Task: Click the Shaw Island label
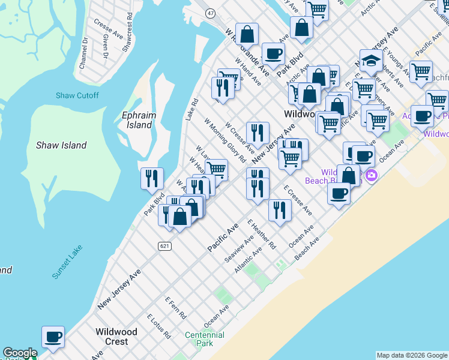(61, 145)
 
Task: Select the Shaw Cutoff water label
(77, 95)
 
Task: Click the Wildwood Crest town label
(116, 337)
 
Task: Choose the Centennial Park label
(205, 339)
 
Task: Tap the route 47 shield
(209, 13)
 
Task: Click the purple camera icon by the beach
(371, 175)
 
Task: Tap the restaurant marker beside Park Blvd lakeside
(152, 178)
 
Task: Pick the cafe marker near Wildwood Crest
(53, 337)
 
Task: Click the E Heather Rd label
(262, 234)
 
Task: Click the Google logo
(20, 353)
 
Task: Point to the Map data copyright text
(411, 355)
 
